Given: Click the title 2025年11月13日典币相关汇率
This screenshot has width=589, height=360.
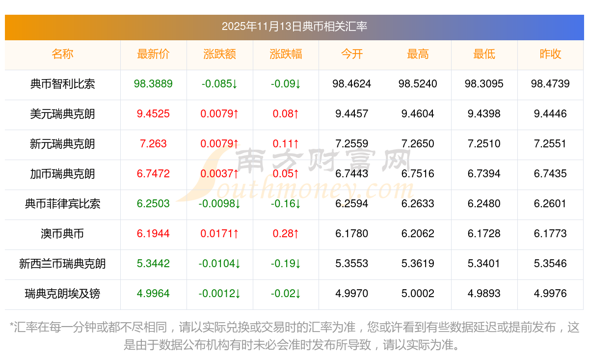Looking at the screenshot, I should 294,27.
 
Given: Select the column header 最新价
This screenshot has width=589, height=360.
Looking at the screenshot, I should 153,55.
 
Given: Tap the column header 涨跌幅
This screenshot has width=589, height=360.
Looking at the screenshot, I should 286,55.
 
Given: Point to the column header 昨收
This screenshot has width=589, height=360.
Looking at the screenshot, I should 550,55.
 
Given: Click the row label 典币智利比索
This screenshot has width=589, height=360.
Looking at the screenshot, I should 62,84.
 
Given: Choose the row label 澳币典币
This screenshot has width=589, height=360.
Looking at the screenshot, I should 62,234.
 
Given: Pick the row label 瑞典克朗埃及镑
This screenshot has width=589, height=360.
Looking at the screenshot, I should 62,294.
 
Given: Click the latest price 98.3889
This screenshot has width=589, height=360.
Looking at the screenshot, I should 153,84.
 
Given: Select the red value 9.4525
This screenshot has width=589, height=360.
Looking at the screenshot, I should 153,114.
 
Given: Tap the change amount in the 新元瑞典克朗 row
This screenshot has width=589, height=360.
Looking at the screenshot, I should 219,144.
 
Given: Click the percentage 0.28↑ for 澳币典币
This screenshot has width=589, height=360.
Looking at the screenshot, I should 286,234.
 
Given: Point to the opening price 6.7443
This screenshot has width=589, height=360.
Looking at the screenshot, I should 351,174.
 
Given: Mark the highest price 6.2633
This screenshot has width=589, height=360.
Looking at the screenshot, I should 418,204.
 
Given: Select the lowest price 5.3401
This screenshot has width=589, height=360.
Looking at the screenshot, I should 484,264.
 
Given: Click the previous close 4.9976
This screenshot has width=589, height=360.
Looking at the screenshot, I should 550,294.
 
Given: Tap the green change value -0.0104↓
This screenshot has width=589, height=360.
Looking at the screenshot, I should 219,264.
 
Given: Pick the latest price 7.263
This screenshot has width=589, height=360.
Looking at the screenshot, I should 153,144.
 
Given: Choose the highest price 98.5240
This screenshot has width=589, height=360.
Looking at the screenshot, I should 418,84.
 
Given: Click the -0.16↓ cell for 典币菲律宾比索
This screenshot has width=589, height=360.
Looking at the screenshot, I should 286,204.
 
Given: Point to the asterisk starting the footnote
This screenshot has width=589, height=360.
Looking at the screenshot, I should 12,326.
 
